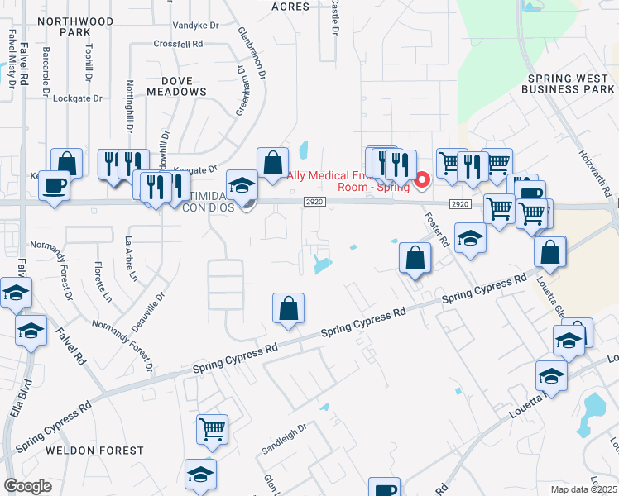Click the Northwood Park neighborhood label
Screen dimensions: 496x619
click(x=86, y=25)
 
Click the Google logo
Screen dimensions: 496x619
click(x=27, y=486)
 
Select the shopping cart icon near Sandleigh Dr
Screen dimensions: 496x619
click(x=213, y=429)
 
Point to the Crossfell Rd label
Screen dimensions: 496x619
click(x=178, y=44)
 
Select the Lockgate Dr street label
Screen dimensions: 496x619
click(x=77, y=98)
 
